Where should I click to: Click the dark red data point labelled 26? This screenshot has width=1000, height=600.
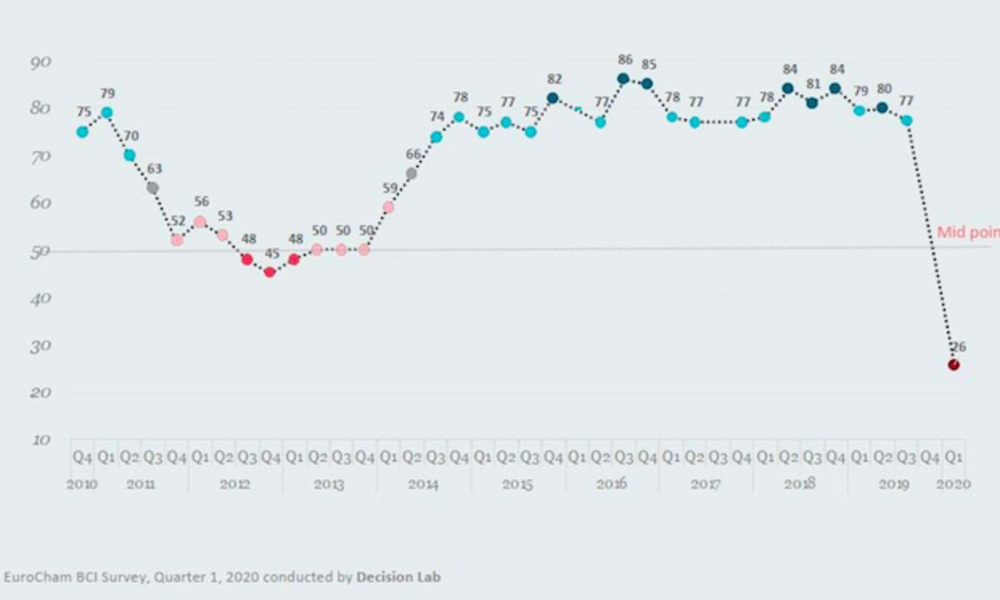[953, 365]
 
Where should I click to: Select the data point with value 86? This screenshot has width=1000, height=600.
[623, 79]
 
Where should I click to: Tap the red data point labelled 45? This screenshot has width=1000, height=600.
[270, 272]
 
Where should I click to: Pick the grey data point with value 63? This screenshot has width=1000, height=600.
[152, 188]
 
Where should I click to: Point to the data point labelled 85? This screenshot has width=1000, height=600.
[647, 84]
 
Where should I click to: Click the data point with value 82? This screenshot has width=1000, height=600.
[552, 98]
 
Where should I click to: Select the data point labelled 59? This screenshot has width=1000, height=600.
[388, 207]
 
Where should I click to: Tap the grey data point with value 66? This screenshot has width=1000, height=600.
[411, 173]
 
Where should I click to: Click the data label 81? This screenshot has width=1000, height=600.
[812, 84]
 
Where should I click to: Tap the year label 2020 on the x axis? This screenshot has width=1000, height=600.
[953, 485]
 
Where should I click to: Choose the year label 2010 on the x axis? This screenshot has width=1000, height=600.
[83, 485]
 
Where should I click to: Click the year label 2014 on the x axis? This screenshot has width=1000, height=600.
[423, 485]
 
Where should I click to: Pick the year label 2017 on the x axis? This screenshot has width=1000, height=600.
[705, 485]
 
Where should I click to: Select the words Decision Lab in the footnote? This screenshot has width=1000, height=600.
[398, 576]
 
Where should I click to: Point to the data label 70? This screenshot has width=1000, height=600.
[130, 136]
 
